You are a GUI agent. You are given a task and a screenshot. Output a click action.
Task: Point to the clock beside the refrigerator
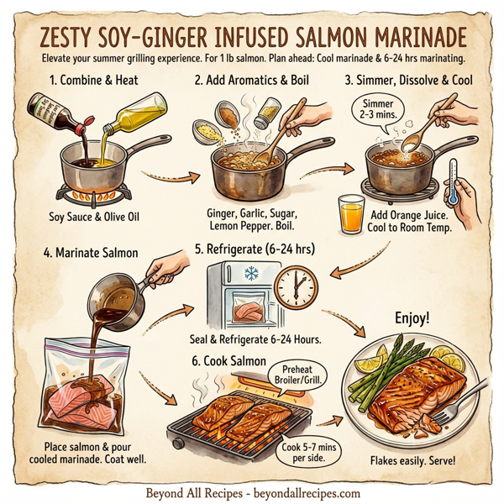[x=296, y=289]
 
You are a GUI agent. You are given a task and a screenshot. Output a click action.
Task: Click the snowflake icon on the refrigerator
[x=250, y=274]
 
